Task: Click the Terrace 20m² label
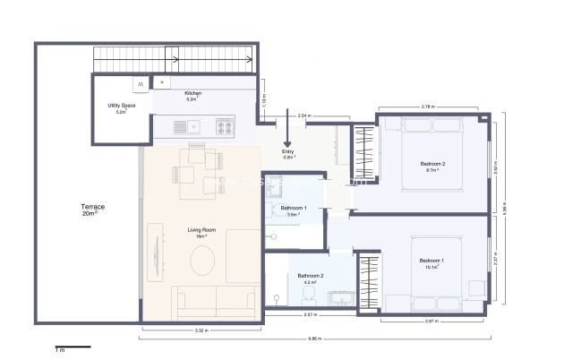[93, 210]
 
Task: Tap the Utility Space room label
[121, 108]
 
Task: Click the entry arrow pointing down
[287, 130]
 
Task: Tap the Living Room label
[201, 233]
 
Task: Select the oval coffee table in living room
[202, 261]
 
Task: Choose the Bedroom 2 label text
[432, 166]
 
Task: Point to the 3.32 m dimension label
[201, 330]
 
